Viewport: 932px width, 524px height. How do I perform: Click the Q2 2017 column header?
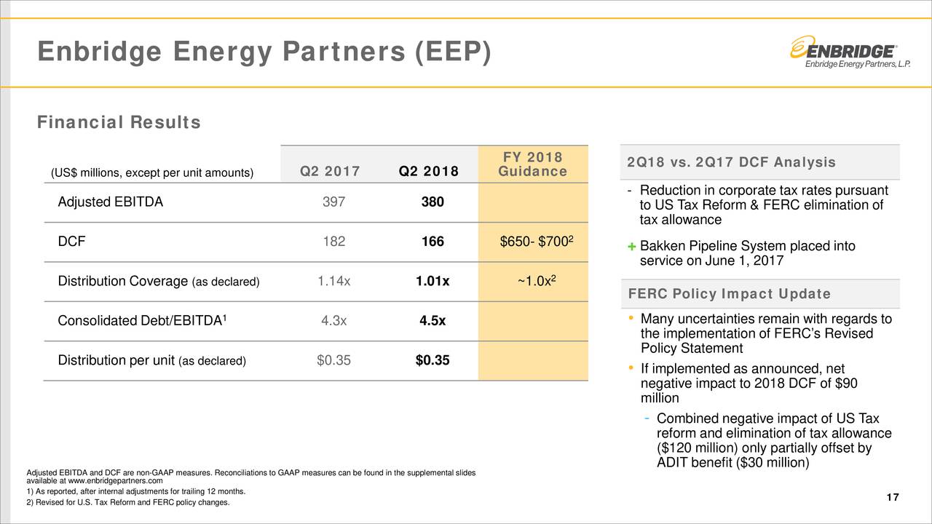click(330, 172)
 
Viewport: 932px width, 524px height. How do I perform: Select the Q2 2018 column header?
click(428, 172)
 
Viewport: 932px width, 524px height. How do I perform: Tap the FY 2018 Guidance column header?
click(532, 164)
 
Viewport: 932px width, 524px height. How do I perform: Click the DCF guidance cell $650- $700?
click(534, 242)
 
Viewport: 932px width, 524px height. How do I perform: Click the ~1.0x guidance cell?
click(534, 282)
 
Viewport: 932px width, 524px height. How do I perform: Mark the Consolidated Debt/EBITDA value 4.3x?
click(334, 322)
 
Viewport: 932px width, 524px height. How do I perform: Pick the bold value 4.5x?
click(433, 322)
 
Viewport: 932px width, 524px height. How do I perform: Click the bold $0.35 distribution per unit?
click(433, 361)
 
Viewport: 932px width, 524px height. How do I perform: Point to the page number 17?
click(893, 497)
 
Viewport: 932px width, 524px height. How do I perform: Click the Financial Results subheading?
click(119, 123)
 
